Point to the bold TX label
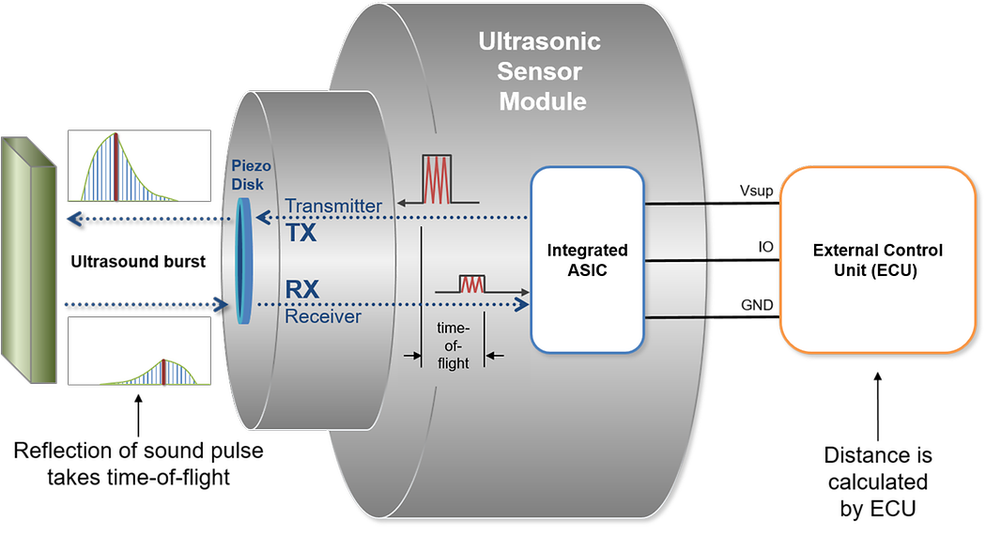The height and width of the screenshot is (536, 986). (301, 232)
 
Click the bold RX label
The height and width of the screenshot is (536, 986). (301, 291)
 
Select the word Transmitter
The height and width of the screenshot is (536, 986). (333, 207)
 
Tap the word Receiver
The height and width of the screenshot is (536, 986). (323, 317)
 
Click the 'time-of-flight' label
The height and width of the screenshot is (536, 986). (453, 345)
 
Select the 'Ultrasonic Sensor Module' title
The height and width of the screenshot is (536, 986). (540, 70)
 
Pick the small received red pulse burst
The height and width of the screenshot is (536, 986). (471, 283)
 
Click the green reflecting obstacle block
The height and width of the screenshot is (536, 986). (29, 260)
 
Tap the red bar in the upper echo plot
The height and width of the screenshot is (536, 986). (116, 167)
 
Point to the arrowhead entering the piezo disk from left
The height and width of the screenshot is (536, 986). (223, 304)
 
